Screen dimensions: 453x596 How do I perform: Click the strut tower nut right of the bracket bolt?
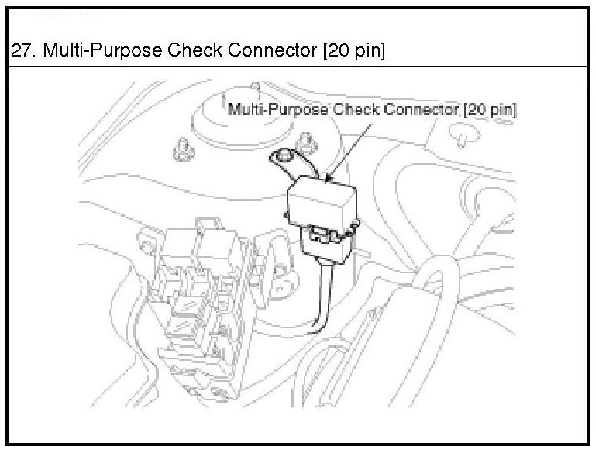pyautogui.click(x=308, y=142)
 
